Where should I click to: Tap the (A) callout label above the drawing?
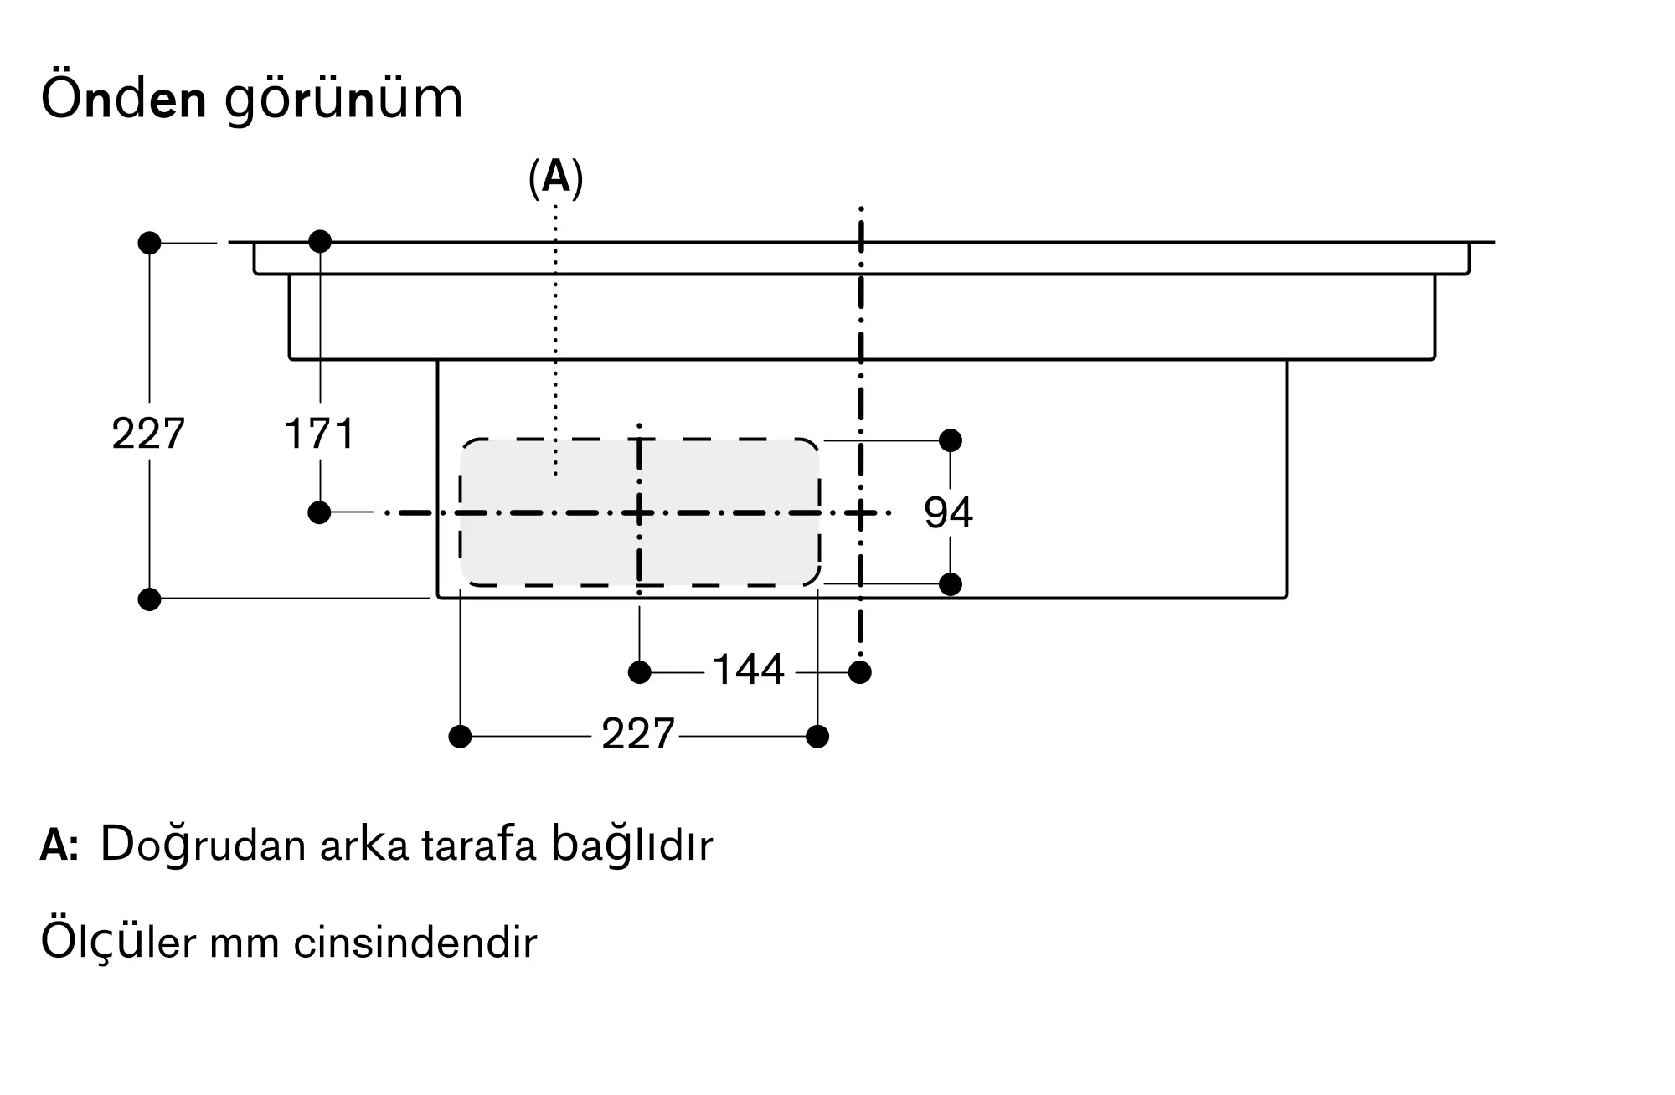555,177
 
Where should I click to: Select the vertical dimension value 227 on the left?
148,434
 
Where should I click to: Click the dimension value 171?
319,434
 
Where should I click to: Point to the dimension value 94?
948,512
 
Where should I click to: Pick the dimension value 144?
748,670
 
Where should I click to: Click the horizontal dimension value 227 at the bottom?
638,734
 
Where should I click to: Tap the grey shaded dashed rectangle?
639,512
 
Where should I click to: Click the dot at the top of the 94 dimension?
951,440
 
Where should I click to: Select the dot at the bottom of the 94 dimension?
951,584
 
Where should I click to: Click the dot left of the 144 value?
640,672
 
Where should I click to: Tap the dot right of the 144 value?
860,672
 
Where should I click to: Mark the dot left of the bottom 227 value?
461,737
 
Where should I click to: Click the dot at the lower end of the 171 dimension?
319,512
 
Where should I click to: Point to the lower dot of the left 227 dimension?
149,599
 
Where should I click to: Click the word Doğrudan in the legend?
204,846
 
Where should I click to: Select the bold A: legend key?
59,846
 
